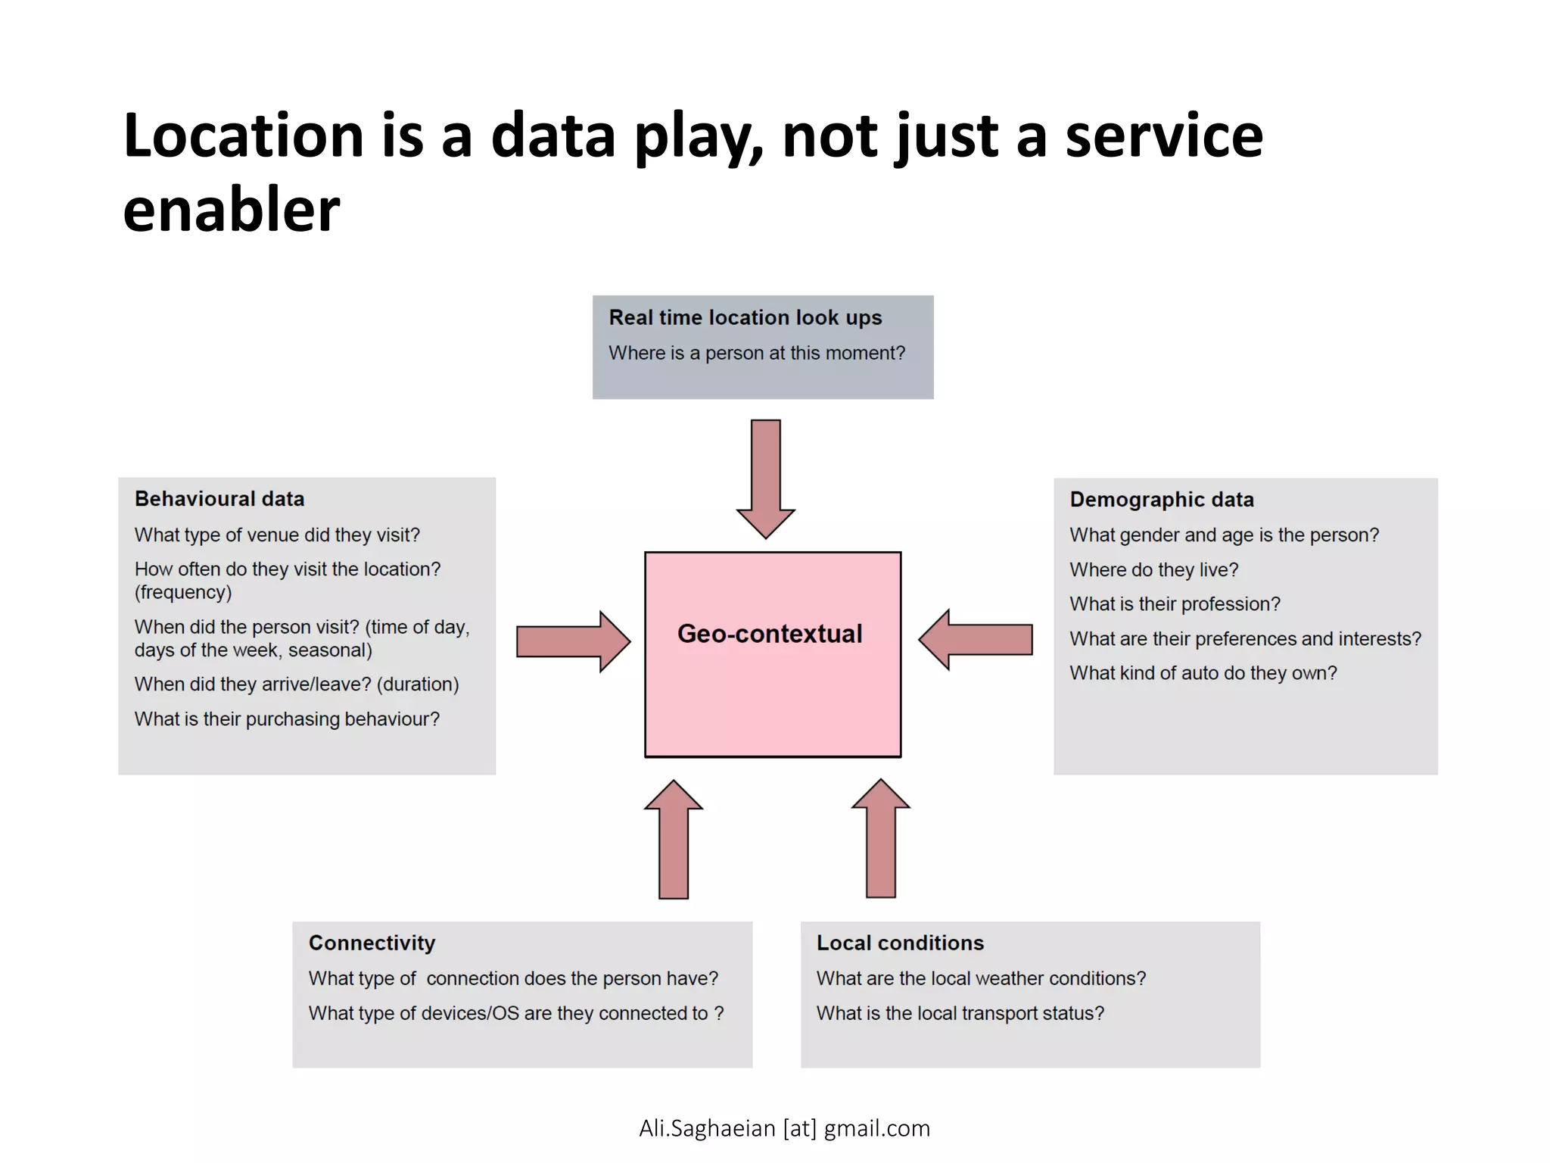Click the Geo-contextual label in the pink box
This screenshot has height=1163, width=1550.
(769, 634)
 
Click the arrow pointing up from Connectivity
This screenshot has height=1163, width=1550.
(674, 840)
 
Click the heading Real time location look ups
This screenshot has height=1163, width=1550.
(745, 317)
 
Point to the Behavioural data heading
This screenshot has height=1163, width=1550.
(219, 499)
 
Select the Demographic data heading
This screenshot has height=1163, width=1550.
(1161, 500)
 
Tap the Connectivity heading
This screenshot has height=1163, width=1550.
(372, 943)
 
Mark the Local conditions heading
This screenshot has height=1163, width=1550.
(900, 943)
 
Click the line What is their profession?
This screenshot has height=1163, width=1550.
(1175, 604)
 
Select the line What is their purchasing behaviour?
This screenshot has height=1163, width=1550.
(287, 719)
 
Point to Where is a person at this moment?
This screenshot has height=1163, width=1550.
(757, 353)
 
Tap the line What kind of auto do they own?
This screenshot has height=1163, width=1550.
(1203, 673)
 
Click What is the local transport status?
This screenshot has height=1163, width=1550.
(960, 1013)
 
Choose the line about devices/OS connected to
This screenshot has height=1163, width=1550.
(515, 1013)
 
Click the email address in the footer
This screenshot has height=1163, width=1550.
(784, 1128)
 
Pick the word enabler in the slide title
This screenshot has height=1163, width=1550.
(232, 210)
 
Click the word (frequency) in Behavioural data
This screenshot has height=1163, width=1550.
(183, 592)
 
